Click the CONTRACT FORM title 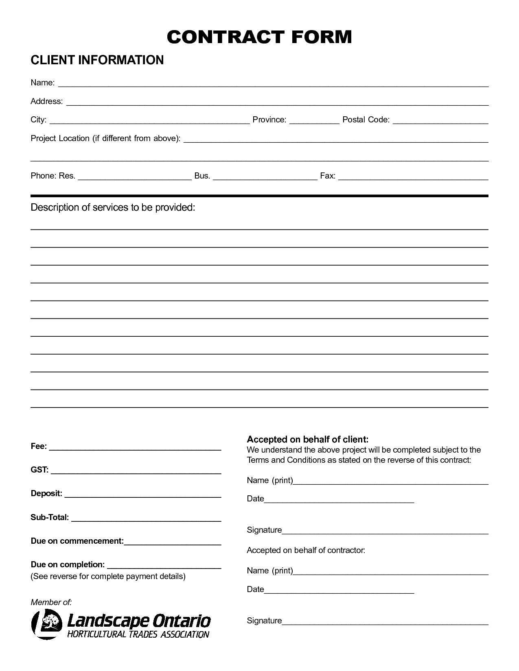pyautogui.click(x=259, y=37)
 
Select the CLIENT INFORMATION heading pyautogui.click(x=97, y=60)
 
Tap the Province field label pyautogui.click(x=269, y=120)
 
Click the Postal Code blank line pyautogui.click(x=440, y=122)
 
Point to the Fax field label pyautogui.click(x=327, y=176)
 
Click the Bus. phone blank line pyautogui.click(x=265, y=178)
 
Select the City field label pyautogui.click(x=39, y=120)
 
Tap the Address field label pyautogui.click(x=46, y=101)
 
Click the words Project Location pyautogui.click(x=60, y=138)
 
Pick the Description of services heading pyautogui.click(x=113, y=207)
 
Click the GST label pyautogui.click(x=39, y=470)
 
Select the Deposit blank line pyautogui.click(x=142, y=496)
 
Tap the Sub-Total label pyautogui.click(x=50, y=517)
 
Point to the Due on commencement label pyautogui.click(x=77, y=541)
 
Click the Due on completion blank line pyautogui.click(x=164, y=567)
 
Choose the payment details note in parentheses pyautogui.click(x=108, y=576)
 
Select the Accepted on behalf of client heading pyautogui.click(x=307, y=439)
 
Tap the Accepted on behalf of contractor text pyautogui.click(x=306, y=550)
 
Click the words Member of pyautogui.click(x=51, y=602)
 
